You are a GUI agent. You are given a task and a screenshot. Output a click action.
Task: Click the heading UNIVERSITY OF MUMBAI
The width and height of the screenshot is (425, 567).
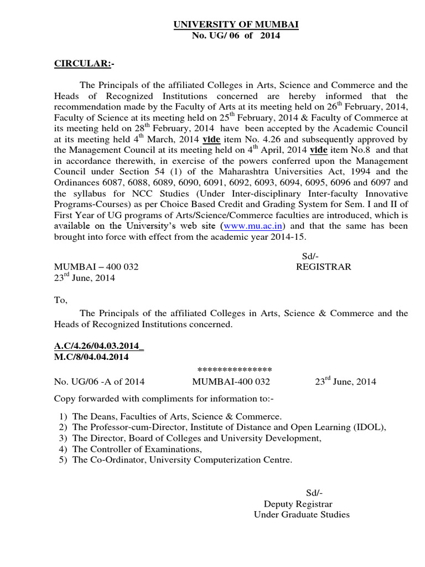236,25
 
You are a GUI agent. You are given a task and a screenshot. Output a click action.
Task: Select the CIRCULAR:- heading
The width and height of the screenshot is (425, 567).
83,64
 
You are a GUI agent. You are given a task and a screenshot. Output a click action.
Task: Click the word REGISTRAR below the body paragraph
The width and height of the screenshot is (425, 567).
324,267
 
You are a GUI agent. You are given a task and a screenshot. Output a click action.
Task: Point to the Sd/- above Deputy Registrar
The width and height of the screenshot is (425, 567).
314,493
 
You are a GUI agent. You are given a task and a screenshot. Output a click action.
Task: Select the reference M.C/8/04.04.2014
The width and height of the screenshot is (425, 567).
91,357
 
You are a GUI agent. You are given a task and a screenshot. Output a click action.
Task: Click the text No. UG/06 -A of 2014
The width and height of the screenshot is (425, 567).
99,382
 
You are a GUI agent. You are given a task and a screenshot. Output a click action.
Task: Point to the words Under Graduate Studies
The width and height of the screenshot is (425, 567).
302,515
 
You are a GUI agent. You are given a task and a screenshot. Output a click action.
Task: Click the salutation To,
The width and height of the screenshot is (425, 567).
60,300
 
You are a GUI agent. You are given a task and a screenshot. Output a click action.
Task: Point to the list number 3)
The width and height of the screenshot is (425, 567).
63,438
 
